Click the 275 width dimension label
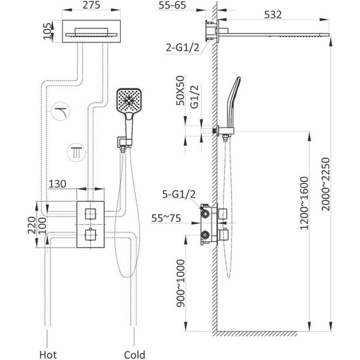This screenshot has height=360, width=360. tap(92, 5)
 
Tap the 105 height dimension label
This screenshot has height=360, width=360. tap(47, 31)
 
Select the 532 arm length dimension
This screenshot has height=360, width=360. tap(273, 15)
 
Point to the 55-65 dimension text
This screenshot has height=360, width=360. tap(172, 5)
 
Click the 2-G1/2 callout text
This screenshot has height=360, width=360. tap(183, 48)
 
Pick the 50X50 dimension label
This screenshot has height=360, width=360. tap(180, 90)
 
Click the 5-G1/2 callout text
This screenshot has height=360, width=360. tap(179, 195)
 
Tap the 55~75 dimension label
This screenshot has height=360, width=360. tap(166, 219)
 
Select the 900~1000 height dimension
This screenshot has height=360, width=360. tap(181, 284)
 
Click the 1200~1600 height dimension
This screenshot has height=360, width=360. tap(304, 203)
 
